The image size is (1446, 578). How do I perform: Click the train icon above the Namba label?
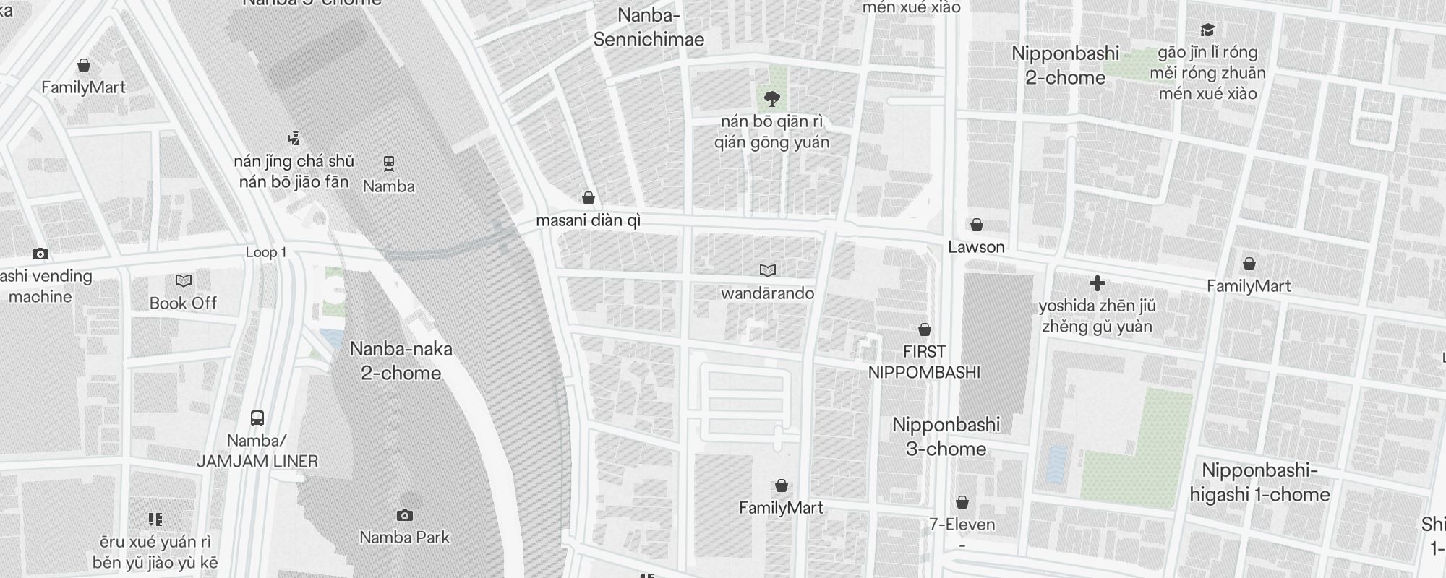tap(389, 163)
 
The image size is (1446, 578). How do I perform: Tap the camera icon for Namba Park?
tap(405, 515)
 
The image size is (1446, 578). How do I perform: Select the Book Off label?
tap(183, 303)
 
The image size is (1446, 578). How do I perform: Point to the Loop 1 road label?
tap(266, 252)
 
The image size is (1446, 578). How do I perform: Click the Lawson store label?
tap(976, 247)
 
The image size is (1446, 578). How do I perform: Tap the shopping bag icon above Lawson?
tap(977, 225)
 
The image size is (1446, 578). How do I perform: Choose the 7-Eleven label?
tap(962, 525)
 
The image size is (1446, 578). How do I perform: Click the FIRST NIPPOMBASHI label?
tap(924, 362)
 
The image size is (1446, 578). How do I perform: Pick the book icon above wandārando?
tap(768, 270)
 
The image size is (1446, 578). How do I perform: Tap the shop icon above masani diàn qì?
tap(589, 197)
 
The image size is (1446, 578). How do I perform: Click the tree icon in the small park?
tap(772, 98)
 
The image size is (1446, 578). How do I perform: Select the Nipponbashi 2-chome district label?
tap(1065, 65)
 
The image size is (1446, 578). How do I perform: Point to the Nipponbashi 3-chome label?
tap(946, 436)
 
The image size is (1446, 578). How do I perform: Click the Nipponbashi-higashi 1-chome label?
tap(1259, 483)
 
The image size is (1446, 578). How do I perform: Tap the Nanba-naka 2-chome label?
tap(401, 361)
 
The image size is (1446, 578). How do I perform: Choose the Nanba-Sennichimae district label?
tap(649, 27)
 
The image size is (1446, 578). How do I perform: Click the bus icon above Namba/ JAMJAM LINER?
tap(257, 418)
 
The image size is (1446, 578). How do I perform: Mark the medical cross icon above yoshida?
tap(1098, 283)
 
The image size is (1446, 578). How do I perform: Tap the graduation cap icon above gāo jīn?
tap(1207, 30)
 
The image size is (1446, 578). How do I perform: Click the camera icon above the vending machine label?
tap(40, 254)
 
